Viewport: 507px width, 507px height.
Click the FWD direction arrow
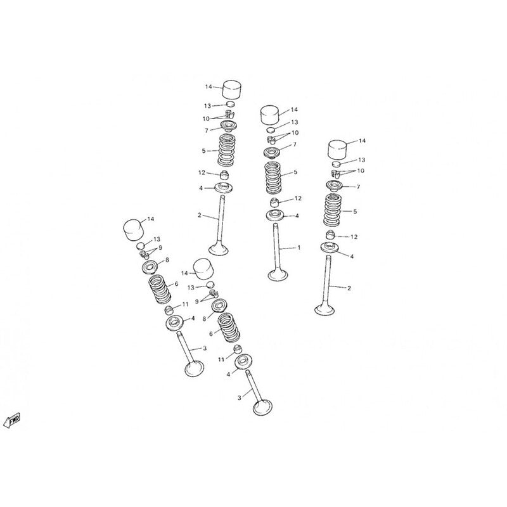tap(12, 420)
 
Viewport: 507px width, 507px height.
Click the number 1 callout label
tap(299, 248)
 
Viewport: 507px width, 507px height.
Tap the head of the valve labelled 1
tap(278, 275)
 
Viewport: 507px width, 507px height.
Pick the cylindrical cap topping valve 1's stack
tap(271, 115)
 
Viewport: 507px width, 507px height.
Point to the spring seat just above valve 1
tap(276, 215)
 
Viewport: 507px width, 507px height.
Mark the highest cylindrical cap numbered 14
tap(232, 89)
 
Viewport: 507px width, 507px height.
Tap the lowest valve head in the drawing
tap(262, 408)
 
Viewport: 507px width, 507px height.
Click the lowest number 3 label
tap(240, 398)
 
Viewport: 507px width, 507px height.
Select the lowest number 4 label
tap(228, 375)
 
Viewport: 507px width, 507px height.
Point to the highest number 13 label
tap(207, 106)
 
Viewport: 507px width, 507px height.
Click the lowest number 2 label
tap(349, 288)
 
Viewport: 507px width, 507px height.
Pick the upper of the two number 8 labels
tap(167, 260)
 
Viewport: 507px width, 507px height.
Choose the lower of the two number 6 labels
tap(211, 334)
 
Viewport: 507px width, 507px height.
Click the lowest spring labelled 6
tap(229, 328)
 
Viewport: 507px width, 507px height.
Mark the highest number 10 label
tap(206, 119)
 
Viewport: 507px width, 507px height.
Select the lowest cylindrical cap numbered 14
tap(203, 269)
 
